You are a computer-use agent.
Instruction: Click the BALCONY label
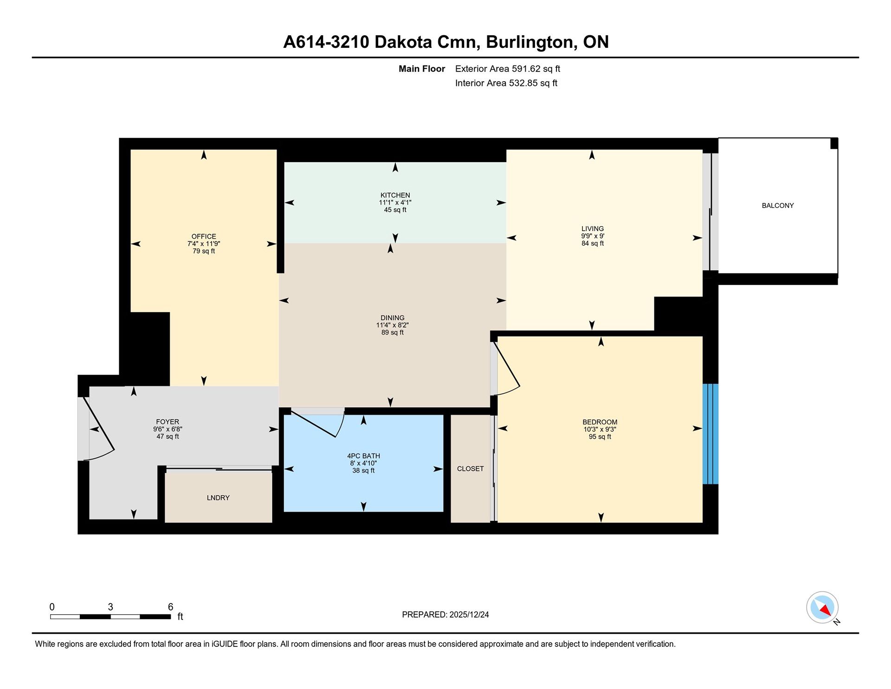778,206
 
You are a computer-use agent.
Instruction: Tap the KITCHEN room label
395,195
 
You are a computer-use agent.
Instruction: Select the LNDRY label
218,498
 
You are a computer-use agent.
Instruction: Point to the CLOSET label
470,469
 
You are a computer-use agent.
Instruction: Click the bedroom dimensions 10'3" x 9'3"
600,429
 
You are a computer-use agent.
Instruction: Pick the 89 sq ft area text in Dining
393,332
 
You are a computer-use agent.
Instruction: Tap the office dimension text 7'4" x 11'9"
204,244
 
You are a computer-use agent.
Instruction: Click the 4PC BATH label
363,456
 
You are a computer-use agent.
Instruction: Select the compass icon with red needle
822,607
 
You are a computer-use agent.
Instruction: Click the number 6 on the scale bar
170,607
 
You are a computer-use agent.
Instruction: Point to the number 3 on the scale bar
110,607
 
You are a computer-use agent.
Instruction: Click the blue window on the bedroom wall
710,434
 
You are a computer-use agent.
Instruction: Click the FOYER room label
168,422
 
